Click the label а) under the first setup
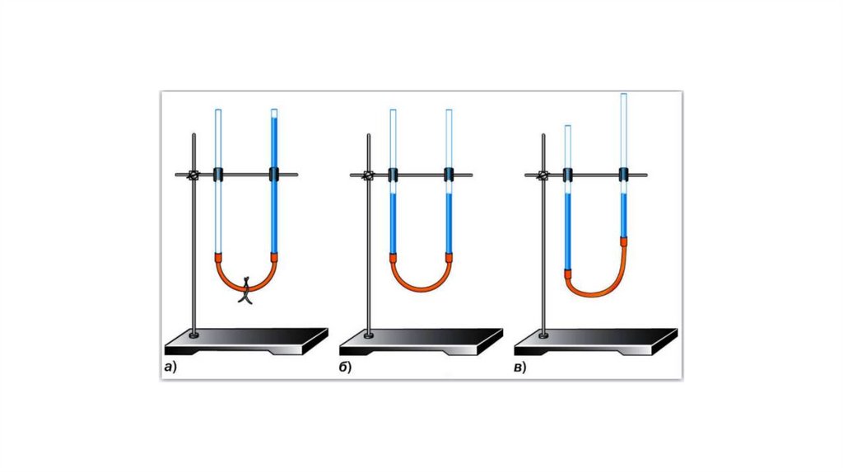[x=170, y=368]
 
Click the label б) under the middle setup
[x=345, y=368]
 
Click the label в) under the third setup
[x=520, y=368]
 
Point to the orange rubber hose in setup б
[x=421, y=284]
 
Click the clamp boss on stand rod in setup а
[x=194, y=175]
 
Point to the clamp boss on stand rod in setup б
[x=369, y=175]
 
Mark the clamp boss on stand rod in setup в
[x=543, y=175]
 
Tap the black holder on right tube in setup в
[x=624, y=174]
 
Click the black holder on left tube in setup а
[x=219, y=174]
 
